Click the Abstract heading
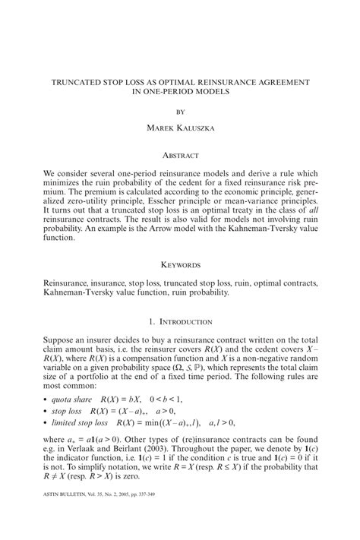click(x=180, y=155)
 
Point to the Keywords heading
click(x=180, y=264)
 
